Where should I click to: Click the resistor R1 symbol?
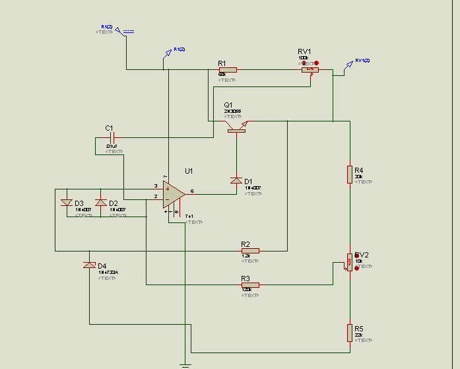pyautogui.click(x=228, y=69)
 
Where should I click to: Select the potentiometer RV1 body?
pyautogui.click(x=310, y=69)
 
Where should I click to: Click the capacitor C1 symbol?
pyautogui.click(x=112, y=138)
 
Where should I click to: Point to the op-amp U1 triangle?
pyautogui.click(x=174, y=193)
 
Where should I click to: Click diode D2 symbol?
pyautogui.click(x=100, y=203)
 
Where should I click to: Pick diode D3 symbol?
pyautogui.click(x=66, y=203)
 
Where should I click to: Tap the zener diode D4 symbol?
pyautogui.click(x=89, y=265)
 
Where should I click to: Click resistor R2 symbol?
pyautogui.click(x=250, y=251)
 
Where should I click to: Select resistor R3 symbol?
pyautogui.click(x=250, y=285)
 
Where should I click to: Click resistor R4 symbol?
pyautogui.click(x=350, y=174)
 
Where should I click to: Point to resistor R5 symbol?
pyautogui.click(x=350, y=333)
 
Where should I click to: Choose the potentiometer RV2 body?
pyautogui.click(x=350, y=263)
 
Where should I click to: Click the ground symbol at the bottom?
pyautogui.click(x=185, y=365)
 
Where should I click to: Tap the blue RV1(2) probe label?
pyautogui.click(x=362, y=61)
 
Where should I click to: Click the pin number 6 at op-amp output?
pyautogui.click(x=192, y=191)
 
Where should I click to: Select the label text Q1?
pyautogui.click(x=228, y=105)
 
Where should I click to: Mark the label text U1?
pyautogui.click(x=189, y=171)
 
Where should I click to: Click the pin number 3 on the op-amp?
pyautogui.click(x=156, y=186)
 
